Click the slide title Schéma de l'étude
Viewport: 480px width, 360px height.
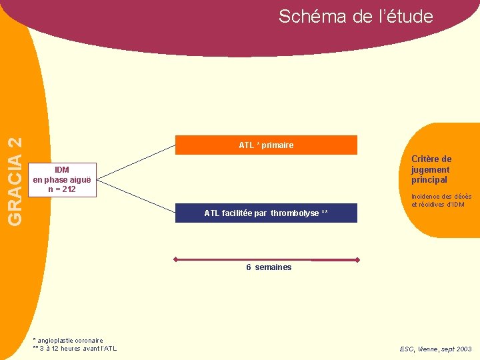(355, 16)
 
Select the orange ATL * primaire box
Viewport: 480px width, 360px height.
(266, 145)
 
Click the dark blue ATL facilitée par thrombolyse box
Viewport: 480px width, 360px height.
(266, 213)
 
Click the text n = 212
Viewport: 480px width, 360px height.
(62, 189)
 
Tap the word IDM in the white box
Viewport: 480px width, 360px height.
(62, 170)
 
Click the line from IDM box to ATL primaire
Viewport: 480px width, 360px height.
(136, 161)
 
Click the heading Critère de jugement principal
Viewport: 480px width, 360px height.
(431, 169)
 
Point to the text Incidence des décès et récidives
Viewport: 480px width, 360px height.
(441, 201)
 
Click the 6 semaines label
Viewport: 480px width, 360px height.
(269, 267)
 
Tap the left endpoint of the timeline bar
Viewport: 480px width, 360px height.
(175, 259)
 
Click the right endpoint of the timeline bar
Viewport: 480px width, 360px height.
(358, 259)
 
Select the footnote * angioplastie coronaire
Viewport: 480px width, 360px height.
(67, 341)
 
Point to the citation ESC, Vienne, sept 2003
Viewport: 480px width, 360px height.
(435, 349)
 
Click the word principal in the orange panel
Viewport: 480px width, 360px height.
(429, 180)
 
